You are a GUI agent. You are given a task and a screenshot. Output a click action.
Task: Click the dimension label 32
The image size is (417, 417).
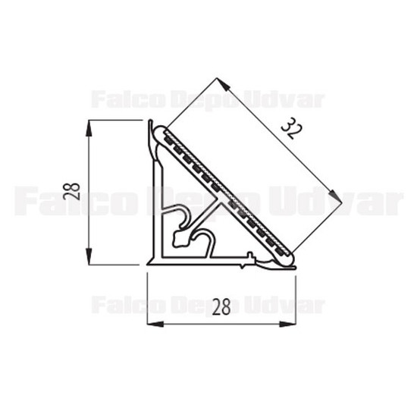point(292,128)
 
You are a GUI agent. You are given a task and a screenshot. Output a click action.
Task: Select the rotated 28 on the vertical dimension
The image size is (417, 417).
point(71,192)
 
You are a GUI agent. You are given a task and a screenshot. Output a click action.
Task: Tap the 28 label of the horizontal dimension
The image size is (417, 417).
point(221,307)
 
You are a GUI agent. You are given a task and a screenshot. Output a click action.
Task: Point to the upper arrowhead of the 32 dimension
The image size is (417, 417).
point(224,84)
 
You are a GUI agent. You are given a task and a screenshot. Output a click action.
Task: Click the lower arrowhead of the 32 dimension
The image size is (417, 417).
point(335,197)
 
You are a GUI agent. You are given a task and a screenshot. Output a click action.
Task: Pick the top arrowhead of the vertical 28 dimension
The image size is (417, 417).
point(89,129)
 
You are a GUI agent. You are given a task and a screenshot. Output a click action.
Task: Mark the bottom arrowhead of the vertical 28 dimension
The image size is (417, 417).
point(89,256)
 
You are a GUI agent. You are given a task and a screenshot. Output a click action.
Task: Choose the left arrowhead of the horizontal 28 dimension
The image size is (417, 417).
point(155,325)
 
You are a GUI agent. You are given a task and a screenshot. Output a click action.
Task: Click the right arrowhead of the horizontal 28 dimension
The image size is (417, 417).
point(287,325)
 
